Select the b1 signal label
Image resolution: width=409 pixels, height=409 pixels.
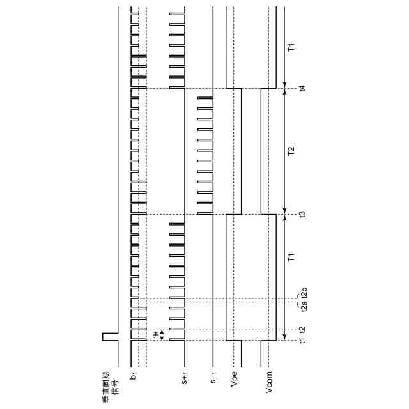[134, 379]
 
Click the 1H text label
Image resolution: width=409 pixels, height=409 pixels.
[155, 335]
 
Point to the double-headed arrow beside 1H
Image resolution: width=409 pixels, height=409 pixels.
[162, 335]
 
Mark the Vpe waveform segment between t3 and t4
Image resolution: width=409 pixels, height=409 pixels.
[242, 151]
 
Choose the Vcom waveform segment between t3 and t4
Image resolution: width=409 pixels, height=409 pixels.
[261, 151]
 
